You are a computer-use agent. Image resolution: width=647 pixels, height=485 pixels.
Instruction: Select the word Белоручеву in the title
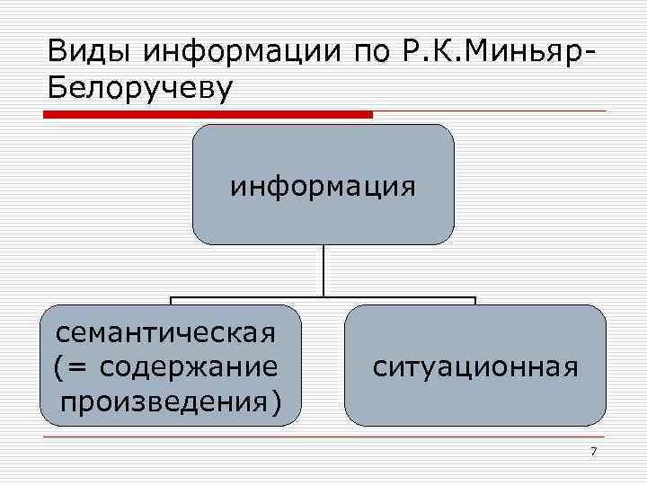click(x=140, y=88)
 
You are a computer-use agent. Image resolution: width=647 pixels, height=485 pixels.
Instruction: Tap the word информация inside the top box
click(x=323, y=187)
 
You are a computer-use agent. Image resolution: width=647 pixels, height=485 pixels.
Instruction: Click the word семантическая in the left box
click(x=164, y=334)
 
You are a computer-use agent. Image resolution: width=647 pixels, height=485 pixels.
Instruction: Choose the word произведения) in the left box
click(x=170, y=398)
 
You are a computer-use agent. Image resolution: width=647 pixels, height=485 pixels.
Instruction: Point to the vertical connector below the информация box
click(x=323, y=271)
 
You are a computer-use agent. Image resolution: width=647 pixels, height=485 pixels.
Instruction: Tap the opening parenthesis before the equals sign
click(x=58, y=367)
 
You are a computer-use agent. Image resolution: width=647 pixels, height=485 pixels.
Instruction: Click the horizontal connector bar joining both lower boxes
click(x=323, y=298)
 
